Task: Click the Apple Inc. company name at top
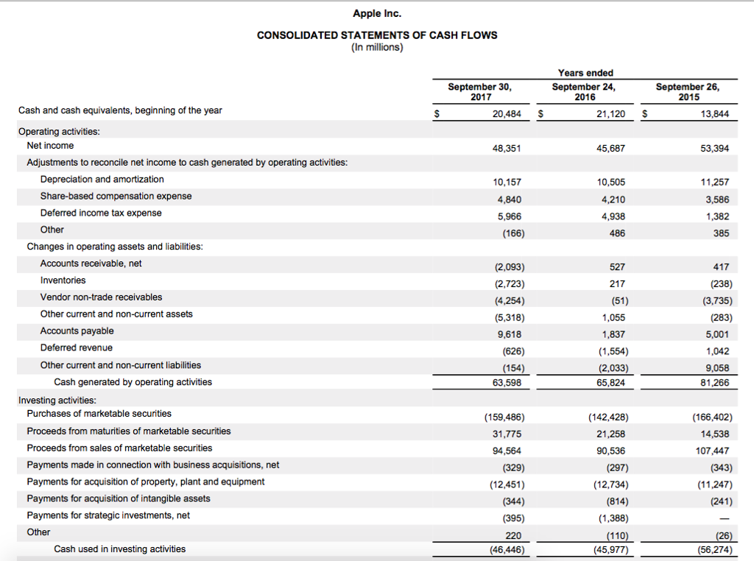(x=377, y=13)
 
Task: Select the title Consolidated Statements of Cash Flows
(x=377, y=35)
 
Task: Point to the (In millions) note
(x=377, y=47)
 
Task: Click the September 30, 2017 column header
(x=479, y=91)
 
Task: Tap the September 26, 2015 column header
(x=688, y=91)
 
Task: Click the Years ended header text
(x=585, y=73)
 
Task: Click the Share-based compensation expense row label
(x=116, y=196)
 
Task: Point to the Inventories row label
(x=63, y=280)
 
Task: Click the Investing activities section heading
(x=57, y=401)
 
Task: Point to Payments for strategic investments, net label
(x=108, y=515)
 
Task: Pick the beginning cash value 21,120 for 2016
(x=610, y=114)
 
